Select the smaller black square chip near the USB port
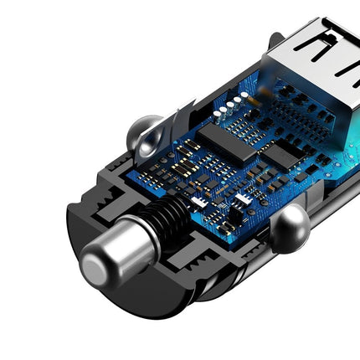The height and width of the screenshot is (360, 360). (x=286, y=151)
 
